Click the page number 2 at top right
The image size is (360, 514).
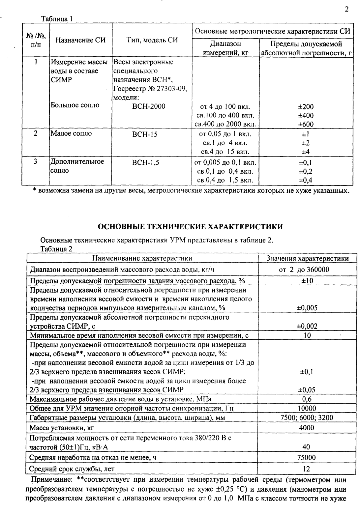click(x=346, y=9)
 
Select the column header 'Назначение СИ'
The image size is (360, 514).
click(x=80, y=41)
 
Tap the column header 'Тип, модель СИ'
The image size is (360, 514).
click(x=152, y=40)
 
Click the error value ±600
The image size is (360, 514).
click(x=306, y=124)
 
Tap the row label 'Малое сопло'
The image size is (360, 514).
click(x=71, y=133)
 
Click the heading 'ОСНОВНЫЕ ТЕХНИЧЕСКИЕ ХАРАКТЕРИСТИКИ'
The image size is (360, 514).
click(x=191, y=227)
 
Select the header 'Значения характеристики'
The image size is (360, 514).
click(x=307, y=259)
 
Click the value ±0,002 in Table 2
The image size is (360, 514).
click(x=307, y=326)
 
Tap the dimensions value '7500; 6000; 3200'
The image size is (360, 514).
click(x=307, y=417)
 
